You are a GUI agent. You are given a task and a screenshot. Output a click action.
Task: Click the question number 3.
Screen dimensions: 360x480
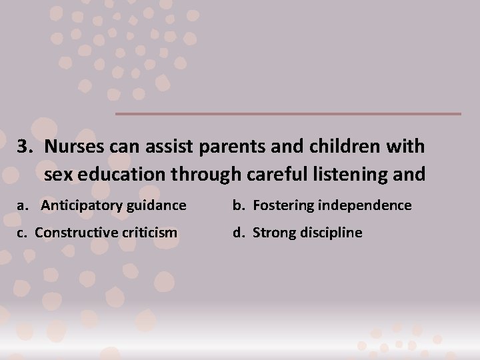pos(25,147)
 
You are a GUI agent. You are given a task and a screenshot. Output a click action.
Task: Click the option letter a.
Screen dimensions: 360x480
pos(21,205)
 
